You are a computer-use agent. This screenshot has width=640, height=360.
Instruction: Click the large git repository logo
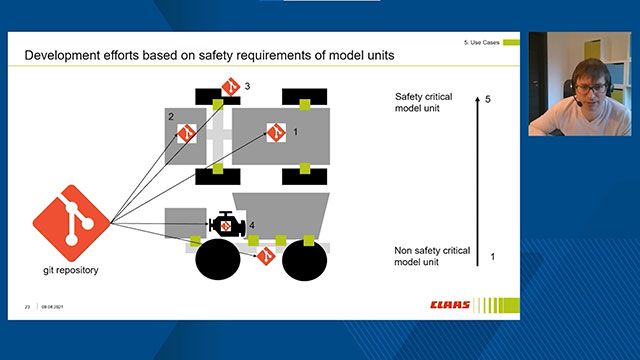(71, 221)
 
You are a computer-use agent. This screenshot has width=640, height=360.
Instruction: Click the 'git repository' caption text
(71, 270)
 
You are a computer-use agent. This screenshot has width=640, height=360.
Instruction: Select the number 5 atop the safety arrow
(487, 100)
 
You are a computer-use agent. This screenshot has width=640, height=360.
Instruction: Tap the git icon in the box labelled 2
(186, 132)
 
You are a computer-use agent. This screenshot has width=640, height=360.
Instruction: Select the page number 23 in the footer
(28, 306)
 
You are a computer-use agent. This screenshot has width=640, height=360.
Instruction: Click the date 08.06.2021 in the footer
(52, 306)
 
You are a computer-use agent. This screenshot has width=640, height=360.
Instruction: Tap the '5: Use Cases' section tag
(481, 43)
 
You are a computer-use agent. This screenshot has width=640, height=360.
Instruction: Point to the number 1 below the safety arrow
(492, 257)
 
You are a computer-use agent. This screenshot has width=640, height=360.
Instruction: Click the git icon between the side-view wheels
(265, 257)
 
